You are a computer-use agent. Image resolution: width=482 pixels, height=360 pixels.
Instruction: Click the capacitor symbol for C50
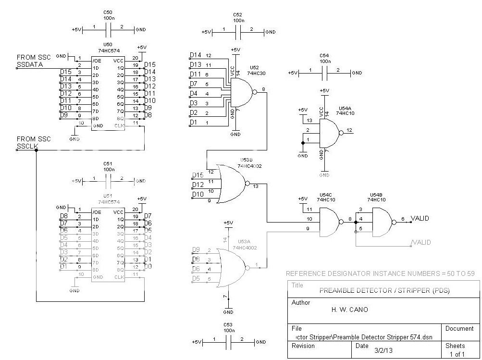point(109,30)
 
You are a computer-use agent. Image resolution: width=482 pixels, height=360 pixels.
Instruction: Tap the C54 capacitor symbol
point(325,73)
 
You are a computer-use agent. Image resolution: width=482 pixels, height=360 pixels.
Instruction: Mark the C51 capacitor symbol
point(109,181)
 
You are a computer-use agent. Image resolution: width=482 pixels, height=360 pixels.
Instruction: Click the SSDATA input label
point(27,64)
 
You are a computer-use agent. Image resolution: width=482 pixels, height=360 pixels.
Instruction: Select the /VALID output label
point(421,242)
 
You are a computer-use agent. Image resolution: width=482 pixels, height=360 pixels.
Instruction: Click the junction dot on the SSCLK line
point(37,150)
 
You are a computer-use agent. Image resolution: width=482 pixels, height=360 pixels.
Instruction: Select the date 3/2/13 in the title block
point(383,350)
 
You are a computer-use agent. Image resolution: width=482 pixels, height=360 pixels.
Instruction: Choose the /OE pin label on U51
point(97,212)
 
